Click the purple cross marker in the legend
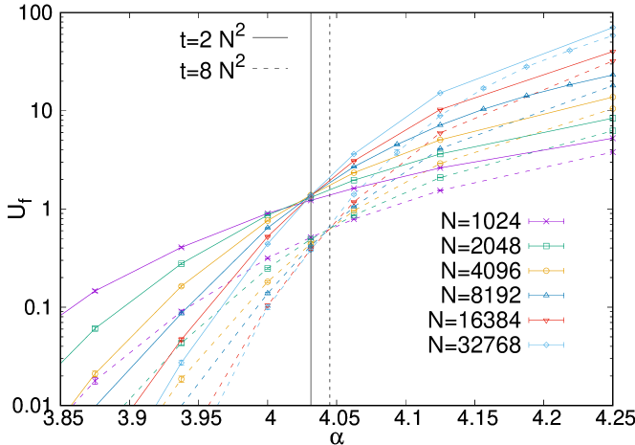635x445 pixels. click(546, 221)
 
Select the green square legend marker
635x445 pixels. click(546, 246)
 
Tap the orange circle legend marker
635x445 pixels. click(546, 271)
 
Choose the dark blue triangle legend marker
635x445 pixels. click(546, 295)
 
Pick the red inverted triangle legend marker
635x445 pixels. click(546, 320)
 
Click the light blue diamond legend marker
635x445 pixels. click(546, 345)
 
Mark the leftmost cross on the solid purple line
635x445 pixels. click(95, 291)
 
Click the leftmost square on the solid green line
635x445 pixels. click(95, 328)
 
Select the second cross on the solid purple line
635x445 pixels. click(181, 248)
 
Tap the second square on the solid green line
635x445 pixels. click(181, 263)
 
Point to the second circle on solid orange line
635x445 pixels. click(181, 286)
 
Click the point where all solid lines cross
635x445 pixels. click(310, 196)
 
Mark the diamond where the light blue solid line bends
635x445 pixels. click(440, 93)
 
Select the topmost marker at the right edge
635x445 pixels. click(613, 27)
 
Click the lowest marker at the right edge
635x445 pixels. click(613, 152)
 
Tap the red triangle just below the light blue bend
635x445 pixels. click(440, 110)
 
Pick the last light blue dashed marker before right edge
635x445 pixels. click(569, 51)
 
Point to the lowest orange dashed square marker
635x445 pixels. click(181, 379)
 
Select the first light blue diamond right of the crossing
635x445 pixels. click(354, 154)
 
